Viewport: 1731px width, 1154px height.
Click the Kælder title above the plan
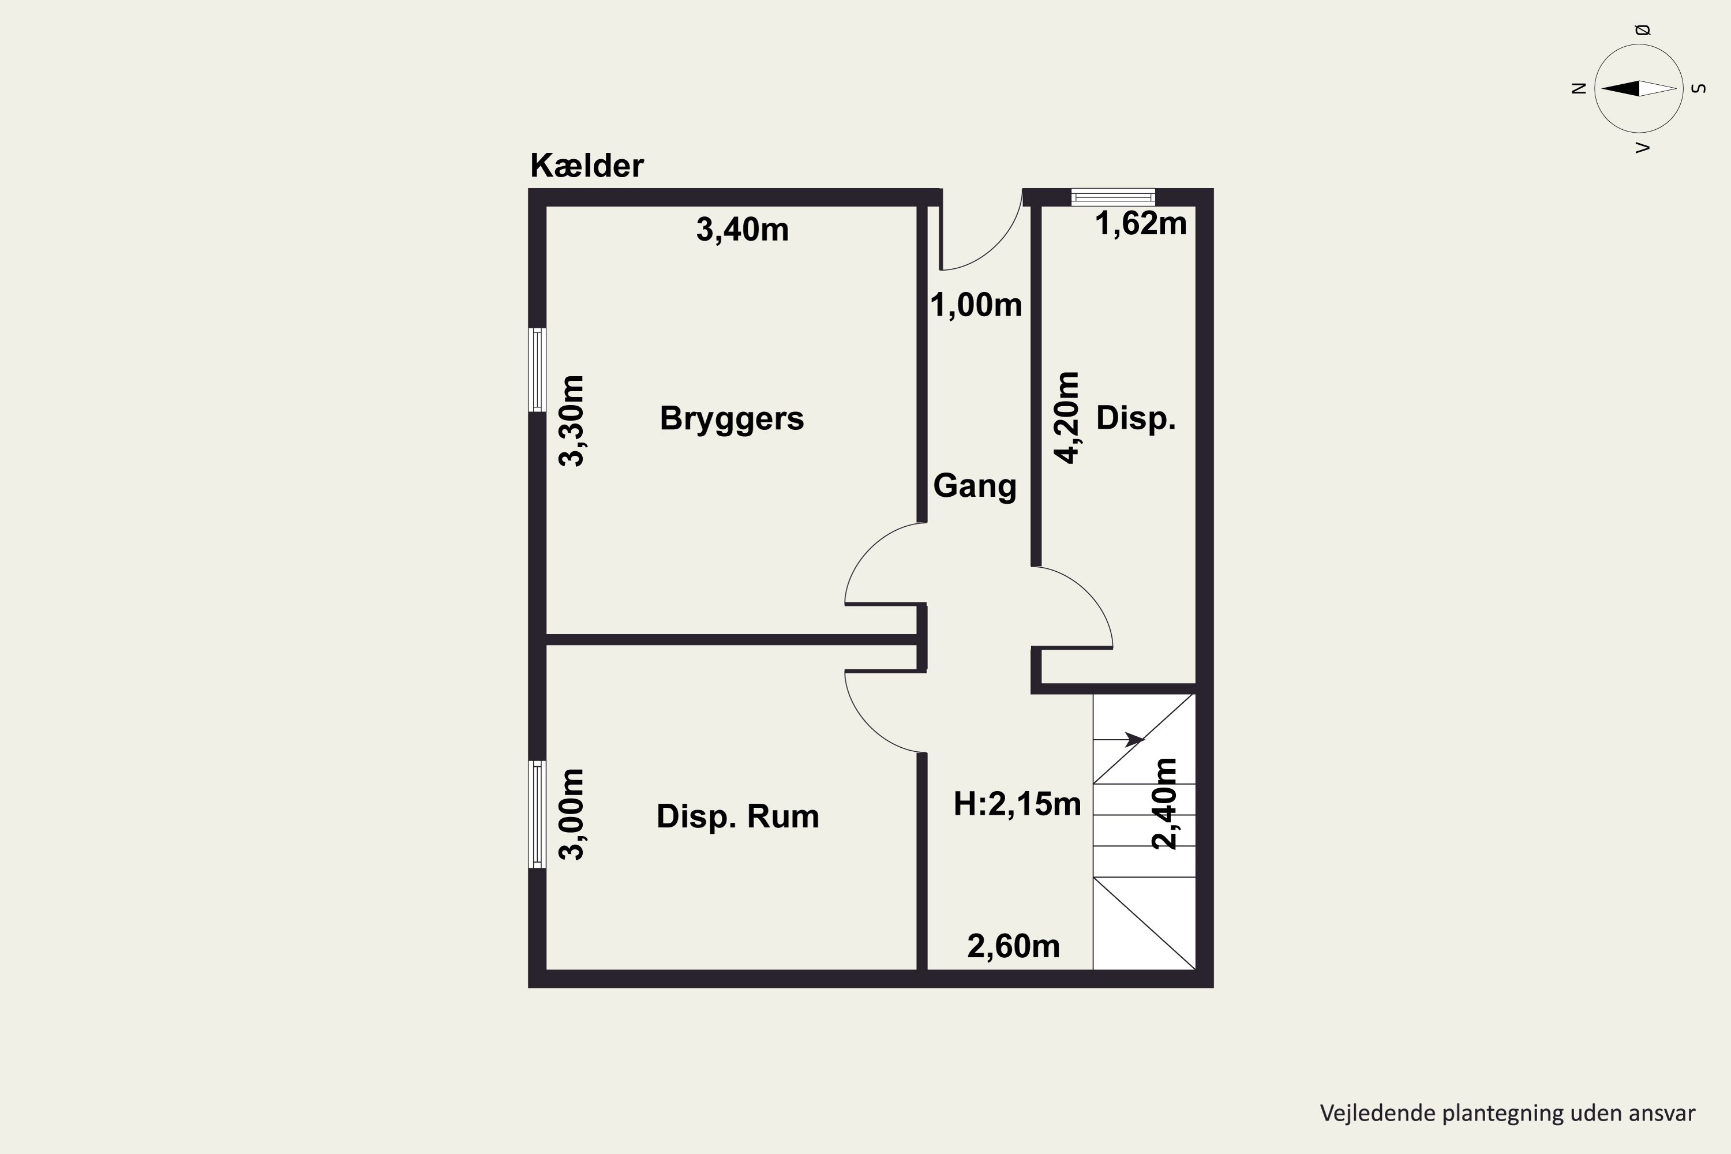pyautogui.click(x=587, y=166)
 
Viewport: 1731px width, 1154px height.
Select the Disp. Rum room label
pyautogui.click(x=737, y=816)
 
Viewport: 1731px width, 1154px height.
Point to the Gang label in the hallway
pyautogui.click(x=975, y=486)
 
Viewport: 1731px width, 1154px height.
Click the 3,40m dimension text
pyautogui.click(x=742, y=230)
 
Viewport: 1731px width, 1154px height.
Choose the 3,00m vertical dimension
pyautogui.click(x=572, y=814)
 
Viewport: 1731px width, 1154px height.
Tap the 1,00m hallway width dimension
pyautogui.click(x=976, y=305)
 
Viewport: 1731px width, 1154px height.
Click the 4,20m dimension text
pyautogui.click(x=1067, y=417)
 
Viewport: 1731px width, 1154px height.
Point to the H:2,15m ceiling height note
pyautogui.click(x=1017, y=804)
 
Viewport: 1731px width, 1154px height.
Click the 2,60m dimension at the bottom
pyautogui.click(x=1013, y=946)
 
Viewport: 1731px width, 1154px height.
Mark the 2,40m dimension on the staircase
pyautogui.click(x=1164, y=804)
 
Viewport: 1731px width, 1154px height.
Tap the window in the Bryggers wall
pyautogui.click(x=538, y=369)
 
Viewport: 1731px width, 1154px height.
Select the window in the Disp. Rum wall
pyautogui.click(x=538, y=814)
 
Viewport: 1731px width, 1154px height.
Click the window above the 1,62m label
pyautogui.click(x=1113, y=197)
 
